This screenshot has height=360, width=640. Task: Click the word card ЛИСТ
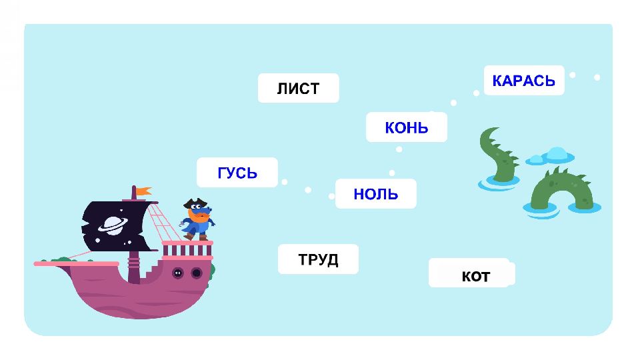coord(298,88)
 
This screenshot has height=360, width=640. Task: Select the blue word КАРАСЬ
coord(523,81)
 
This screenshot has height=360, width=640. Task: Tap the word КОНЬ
coord(406,127)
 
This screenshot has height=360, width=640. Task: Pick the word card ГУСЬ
coord(237,173)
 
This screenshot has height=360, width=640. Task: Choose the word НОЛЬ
coord(375,194)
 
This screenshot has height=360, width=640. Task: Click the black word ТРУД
coord(318,259)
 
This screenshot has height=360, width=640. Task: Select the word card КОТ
coord(475,275)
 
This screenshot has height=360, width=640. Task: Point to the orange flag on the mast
coord(143,191)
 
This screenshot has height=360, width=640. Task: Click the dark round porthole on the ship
coord(196,273)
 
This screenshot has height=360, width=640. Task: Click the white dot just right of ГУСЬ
coord(285,181)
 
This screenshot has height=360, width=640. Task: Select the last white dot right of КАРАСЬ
coord(597,77)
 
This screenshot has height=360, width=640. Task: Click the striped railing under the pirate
coord(187,249)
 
